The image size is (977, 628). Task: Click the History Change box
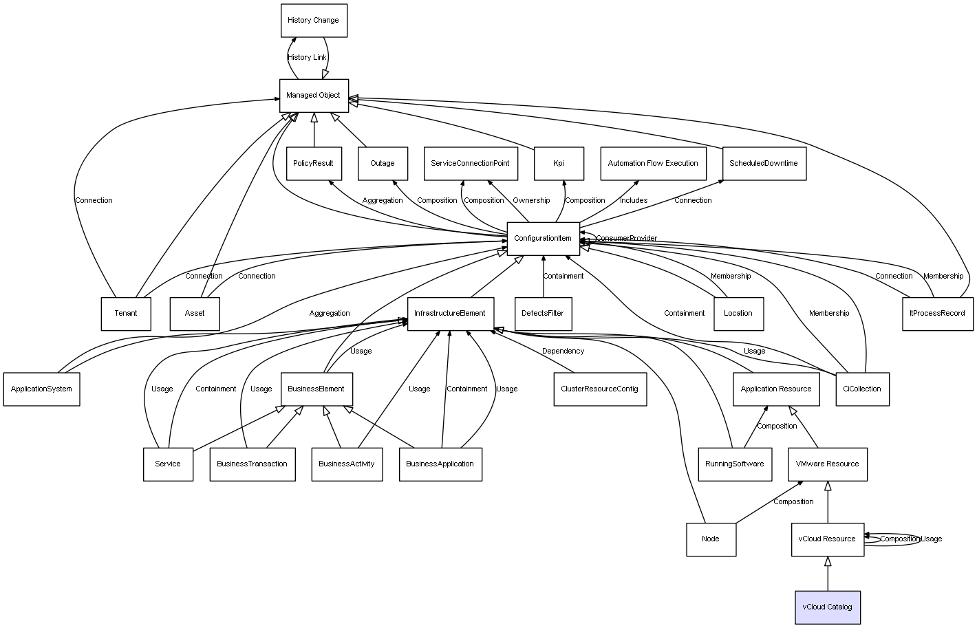314,21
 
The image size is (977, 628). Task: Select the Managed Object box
314,96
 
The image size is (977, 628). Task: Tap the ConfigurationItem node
544,239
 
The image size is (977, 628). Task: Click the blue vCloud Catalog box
828,607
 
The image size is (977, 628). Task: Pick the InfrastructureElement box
451,314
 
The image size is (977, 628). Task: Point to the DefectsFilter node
544,314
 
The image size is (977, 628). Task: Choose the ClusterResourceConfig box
600,389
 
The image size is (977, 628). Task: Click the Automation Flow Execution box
654,164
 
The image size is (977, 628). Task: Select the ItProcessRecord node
938,314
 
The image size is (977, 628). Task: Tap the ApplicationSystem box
42,389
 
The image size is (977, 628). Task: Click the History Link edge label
307,57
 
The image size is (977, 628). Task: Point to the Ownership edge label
531,200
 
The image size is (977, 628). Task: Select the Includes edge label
634,200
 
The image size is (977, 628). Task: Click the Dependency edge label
563,351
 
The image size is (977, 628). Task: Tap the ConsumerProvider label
626,238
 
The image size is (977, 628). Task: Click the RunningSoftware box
735,464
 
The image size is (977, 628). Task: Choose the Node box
711,539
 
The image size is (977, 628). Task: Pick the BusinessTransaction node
253,464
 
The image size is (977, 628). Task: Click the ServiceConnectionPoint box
471,164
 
